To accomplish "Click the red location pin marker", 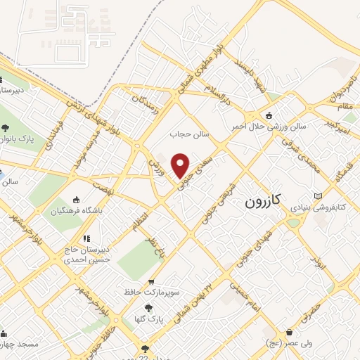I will click(x=181, y=165).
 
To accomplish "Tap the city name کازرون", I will click(x=263, y=201).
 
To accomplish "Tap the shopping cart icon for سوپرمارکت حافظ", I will click(x=150, y=282).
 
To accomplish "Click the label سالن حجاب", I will click(x=186, y=131).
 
